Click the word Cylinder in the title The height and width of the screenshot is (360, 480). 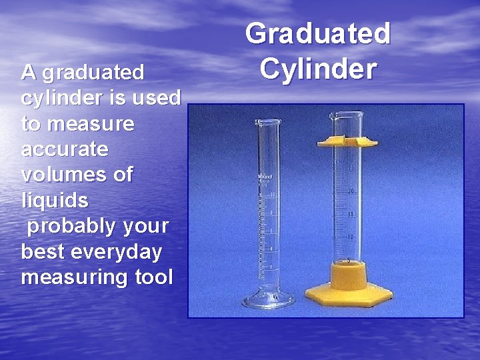coord(318,67)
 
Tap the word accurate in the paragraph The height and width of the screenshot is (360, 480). coord(64,149)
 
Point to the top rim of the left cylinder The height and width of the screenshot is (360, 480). coord(268,121)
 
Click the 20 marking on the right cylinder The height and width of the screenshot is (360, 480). coord(351,192)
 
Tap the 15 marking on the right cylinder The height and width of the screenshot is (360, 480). coord(351,215)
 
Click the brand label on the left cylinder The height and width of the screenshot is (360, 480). coord(265,177)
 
